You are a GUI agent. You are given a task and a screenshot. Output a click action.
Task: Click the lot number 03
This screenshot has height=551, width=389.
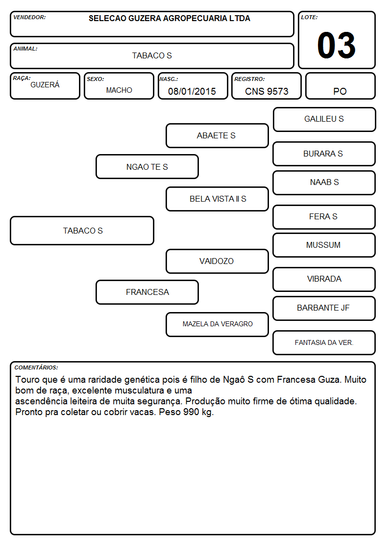pos(337,45)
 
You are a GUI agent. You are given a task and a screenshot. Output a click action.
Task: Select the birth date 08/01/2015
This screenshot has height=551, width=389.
pos(192,91)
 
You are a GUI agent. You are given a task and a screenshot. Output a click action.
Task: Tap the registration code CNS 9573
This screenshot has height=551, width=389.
pos(267,91)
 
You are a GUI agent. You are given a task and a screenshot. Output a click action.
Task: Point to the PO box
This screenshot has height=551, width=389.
pos(340,86)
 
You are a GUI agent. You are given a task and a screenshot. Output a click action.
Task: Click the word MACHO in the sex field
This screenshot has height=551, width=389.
pos(119,90)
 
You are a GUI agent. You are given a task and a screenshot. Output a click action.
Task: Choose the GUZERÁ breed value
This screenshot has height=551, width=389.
pos(45,85)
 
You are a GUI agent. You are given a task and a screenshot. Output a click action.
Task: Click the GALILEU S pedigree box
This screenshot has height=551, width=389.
pos(324,120)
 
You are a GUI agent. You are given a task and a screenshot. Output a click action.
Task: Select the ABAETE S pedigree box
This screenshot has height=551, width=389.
pos(217,135)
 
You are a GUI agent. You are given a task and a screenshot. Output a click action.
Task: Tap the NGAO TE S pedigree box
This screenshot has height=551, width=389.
pos(147,166)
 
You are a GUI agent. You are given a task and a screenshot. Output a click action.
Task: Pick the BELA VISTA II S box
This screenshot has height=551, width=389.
pos(217,199)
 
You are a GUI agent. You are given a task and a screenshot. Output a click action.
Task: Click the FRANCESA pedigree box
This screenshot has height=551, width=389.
pos(147,292)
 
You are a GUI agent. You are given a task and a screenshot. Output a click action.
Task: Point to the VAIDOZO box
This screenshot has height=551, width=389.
pos(217,261)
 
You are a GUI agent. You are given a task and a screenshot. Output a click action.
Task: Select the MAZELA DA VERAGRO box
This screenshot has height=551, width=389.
pos(217,324)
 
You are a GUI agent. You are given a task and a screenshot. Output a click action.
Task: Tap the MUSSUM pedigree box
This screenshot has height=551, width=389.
pos(324,245)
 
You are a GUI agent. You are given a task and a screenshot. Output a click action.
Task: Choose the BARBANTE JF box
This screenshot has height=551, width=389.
pos(324,308)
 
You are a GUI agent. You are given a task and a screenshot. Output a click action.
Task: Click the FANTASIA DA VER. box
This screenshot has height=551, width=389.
pos(324,342)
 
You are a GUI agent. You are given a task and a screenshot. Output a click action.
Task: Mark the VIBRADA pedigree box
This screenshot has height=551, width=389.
pos(324,279)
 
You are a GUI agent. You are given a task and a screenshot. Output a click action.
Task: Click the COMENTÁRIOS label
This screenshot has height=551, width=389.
pos(36,367)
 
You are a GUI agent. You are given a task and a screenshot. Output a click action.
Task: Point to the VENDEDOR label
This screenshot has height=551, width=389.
pos(29,17)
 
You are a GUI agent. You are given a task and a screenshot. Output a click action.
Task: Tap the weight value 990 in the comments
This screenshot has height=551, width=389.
pos(191,412)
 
